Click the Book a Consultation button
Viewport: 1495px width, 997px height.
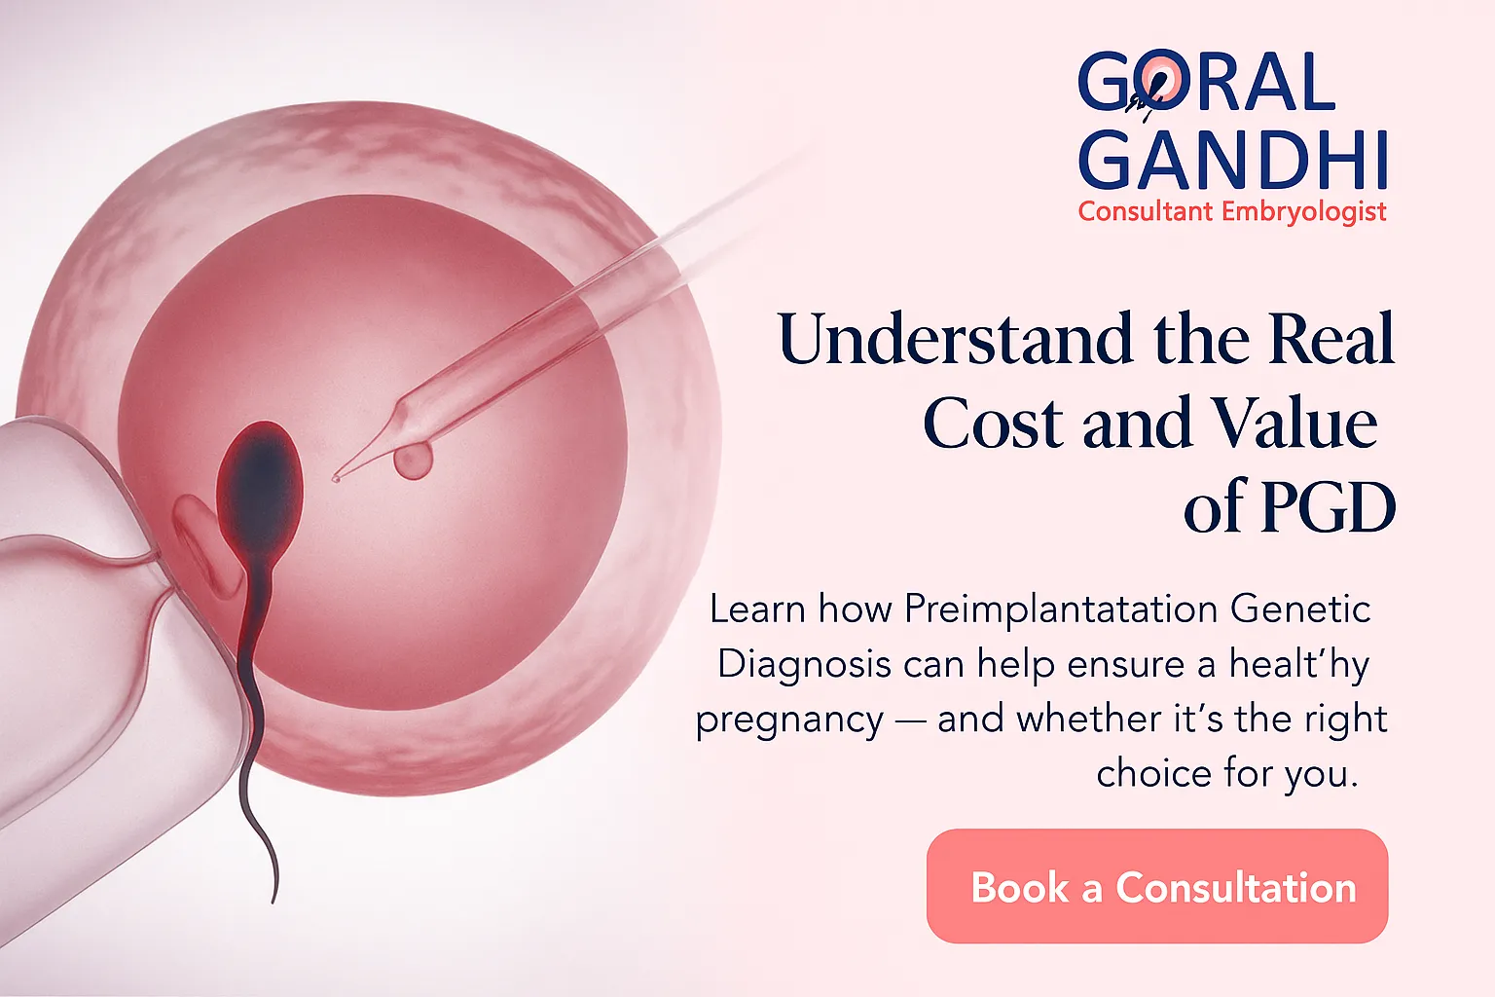click(x=1156, y=886)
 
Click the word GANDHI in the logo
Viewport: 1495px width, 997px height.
click(x=1232, y=160)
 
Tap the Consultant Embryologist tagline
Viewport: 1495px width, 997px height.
click(x=1232, y=211)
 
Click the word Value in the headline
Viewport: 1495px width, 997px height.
click(x=1294, y=425)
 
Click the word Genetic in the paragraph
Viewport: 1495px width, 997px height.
click(x=1300, y=609)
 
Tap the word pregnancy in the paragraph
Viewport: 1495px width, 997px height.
click(x=789, y=720)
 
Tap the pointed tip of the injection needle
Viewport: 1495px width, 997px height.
click(x=337, y=477)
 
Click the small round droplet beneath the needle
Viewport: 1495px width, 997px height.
click(x=414, y=462)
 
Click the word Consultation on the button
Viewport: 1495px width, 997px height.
click(x=1235, y=888)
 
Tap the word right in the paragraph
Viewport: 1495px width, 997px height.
click(x=1347, y=720)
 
